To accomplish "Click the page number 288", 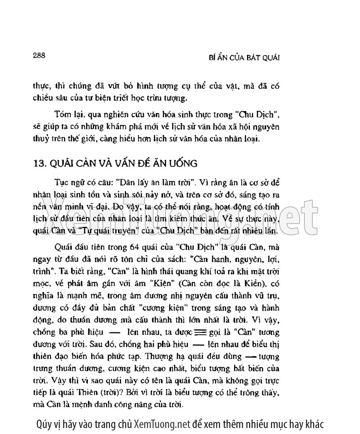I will pyautogui.click(x=40, y=55).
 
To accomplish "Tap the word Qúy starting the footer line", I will pyautogui.click(x=43, y=424).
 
